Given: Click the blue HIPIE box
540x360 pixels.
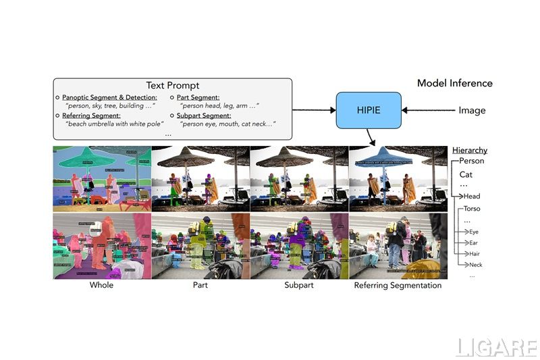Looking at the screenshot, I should click(x=369, y=110).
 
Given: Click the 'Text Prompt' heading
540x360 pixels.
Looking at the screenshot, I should click(x=172, y=86).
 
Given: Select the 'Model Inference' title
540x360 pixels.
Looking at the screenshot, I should click(x=454, y=83).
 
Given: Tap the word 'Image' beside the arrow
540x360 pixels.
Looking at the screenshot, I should click(x=472, y=110).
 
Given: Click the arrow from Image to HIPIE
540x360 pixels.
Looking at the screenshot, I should click(x=428, y=110).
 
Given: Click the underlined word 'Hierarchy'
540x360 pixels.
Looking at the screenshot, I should click(x=469, y=150).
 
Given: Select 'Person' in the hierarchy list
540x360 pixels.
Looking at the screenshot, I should click(x=471, y=161).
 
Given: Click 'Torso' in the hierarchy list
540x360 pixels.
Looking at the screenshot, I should click(x=472, y=209).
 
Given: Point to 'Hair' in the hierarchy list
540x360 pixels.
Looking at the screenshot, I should click(x=475, y=253).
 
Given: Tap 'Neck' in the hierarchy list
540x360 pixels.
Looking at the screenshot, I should click(x=476, y=265).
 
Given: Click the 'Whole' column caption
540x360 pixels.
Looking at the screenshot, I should click(x=101, y=286).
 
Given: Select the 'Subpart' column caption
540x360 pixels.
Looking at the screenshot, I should click(x=299, y=286).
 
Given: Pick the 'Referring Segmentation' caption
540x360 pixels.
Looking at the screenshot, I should click(x=398, y=286).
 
